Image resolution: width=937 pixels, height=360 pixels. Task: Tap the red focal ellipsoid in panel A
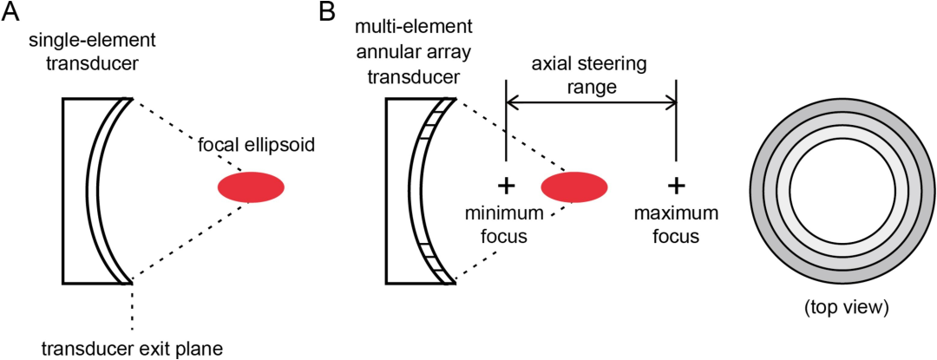251,187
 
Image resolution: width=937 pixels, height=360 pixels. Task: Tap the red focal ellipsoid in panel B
574,187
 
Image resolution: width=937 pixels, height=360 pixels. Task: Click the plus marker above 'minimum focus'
506,187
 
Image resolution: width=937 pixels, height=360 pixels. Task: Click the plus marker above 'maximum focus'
676,187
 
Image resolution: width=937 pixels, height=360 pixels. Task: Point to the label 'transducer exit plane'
132,347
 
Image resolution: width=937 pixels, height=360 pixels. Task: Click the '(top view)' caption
844,309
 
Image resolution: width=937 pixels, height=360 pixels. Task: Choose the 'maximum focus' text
675,225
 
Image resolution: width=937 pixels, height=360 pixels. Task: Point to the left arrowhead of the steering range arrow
511,103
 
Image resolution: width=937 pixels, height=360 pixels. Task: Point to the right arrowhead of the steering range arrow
671,103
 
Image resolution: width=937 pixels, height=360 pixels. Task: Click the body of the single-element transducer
81,191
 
